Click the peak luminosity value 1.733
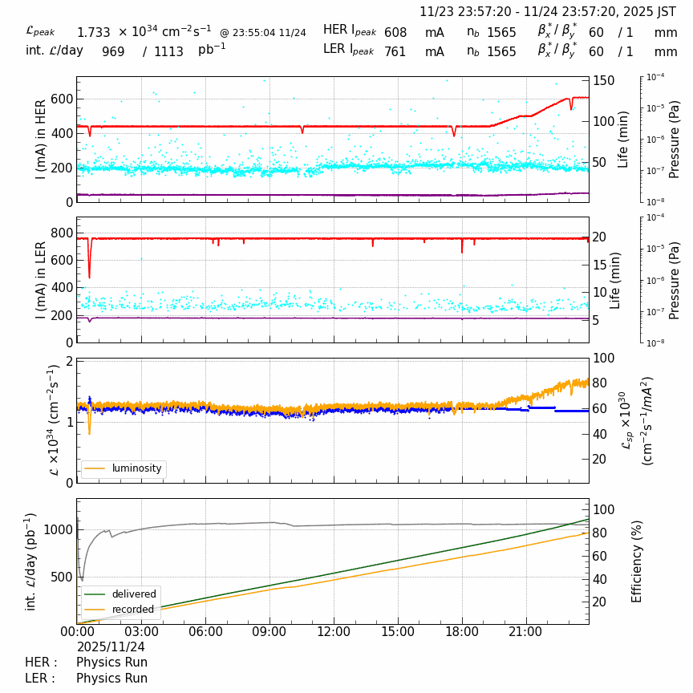(x=93, y=33)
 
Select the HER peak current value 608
(x=395, y=33)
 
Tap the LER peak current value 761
(x=395, y=52)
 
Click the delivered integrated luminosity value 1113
(x=168, y=52)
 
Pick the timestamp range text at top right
(x=548, y=12)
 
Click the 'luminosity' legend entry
(x=136, y=468)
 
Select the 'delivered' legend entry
(x=134, y=594)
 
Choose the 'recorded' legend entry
(x=132, y=610)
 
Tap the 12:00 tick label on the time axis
(x=334, y=632)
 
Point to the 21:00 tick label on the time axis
(x=526, y=632)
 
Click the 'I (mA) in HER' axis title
(x=41, y=139)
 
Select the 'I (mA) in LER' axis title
(x=41, y=280)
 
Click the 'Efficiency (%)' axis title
(x=638, y=561)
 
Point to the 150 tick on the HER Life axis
(x=603, y=81)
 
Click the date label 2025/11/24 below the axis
(x=111, y=646)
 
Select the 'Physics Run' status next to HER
(x=111, y=663)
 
